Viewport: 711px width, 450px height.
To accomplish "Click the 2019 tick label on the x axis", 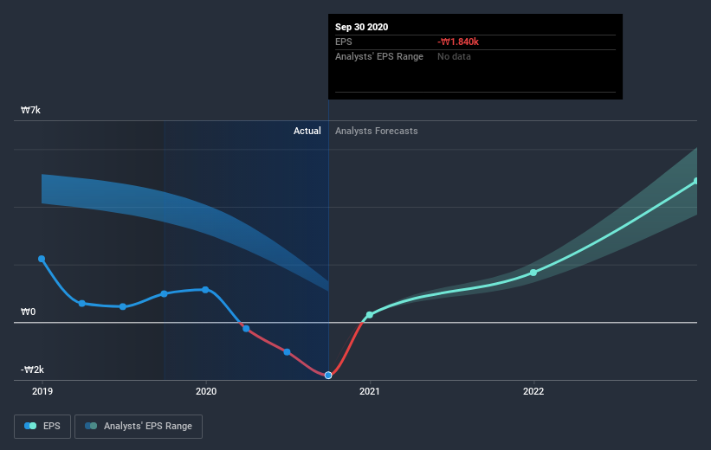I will [x=42, y=391].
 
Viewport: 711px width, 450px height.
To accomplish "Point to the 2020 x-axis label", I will [x=206, y=391].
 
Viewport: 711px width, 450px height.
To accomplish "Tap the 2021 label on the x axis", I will [x=370, y=391].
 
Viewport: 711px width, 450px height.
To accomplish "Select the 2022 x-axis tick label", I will [x=533, y=391].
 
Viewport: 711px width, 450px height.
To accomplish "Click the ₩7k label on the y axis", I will [x=31, y=111].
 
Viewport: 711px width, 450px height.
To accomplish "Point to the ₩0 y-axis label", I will [x=29, y=312].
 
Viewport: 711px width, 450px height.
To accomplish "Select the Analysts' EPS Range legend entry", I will [x=139, y=426].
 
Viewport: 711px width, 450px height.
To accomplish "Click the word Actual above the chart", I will [x=307, y=131].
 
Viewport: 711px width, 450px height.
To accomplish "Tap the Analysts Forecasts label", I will [x=376, y=131].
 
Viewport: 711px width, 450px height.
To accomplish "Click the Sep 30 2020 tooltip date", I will [x=361, y=27].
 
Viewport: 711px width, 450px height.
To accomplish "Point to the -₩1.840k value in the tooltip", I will [x=457, y=42].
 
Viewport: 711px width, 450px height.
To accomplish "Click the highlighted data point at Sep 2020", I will [x=328, y=375].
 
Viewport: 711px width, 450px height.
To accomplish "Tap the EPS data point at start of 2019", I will [x=42, y=259].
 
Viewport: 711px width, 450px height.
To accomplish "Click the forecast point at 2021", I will [x=370, y=315].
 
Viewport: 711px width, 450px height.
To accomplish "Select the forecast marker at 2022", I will [x=533, y=273].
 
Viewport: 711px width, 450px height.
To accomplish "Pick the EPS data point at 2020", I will [x=206, y=290].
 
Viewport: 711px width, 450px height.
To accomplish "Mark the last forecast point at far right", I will [x=696, y=182].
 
